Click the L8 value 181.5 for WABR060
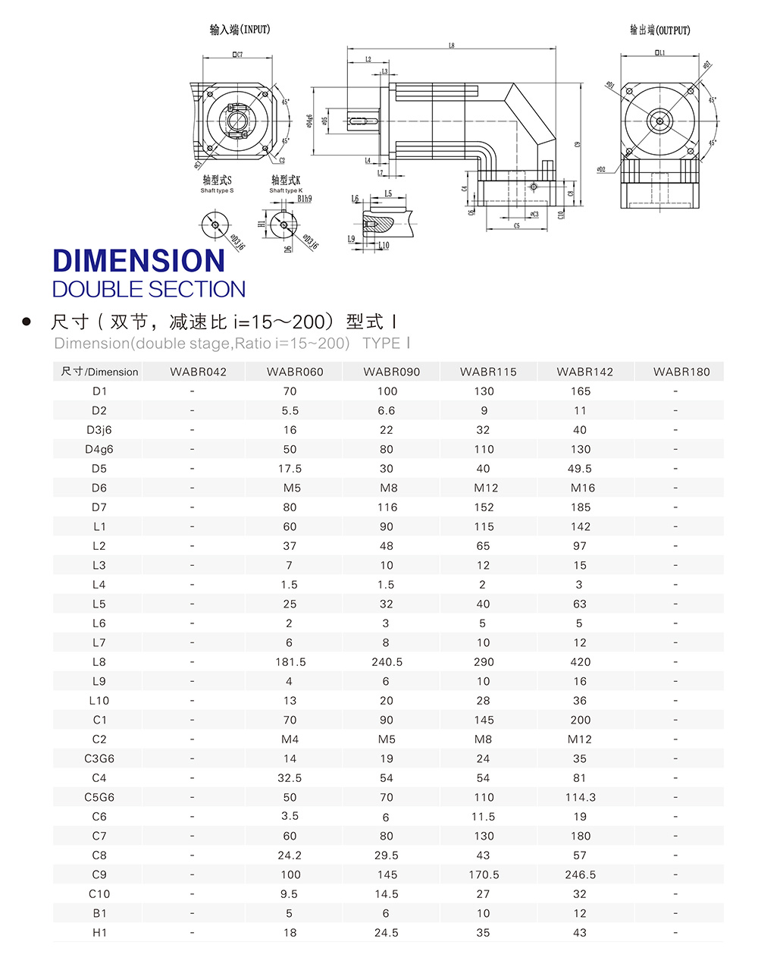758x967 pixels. point(290,662)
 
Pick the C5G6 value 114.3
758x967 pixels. point(580,797)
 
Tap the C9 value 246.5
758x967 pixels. point(580,874)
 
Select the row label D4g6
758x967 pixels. point(99,449)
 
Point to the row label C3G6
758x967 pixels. point(99,758)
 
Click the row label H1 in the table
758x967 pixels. point(99,933)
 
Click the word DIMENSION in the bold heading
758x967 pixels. point(139,261)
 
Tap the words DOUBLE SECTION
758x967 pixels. point(149,289)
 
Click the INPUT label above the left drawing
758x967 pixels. point(240,30)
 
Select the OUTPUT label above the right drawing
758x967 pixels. point(659,30)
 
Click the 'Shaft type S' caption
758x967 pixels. point(217,190)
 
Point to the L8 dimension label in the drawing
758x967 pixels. point(451,46)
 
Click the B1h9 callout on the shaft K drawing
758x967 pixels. point(304,199)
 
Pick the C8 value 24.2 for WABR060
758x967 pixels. point(290,855)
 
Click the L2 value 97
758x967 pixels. point(580,546)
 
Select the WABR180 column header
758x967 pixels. point(681,372)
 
